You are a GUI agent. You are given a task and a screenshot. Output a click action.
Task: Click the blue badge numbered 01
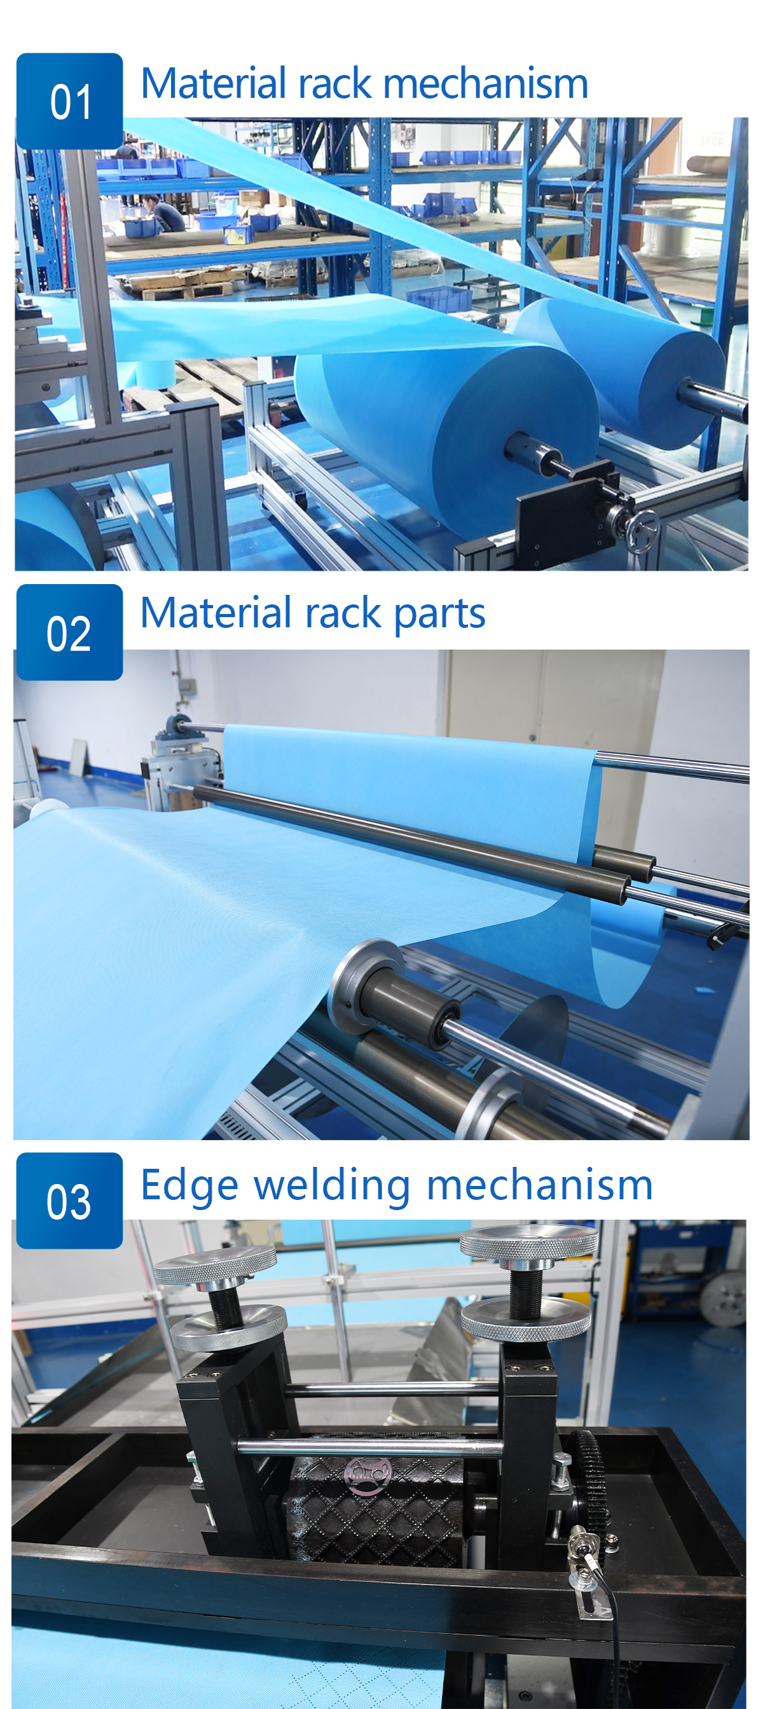point(70,101)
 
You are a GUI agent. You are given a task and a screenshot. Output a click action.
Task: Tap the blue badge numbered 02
point(70,632)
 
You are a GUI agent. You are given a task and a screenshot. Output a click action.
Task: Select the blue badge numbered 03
point(70,1200)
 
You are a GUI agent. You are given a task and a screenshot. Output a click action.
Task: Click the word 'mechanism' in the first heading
point(486,84)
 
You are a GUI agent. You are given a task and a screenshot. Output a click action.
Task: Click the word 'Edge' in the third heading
point(189,1185)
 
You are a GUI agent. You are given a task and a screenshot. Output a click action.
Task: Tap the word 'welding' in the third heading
point(333,1185)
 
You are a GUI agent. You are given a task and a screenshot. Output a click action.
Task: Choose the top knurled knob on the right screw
point(529,1241)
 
